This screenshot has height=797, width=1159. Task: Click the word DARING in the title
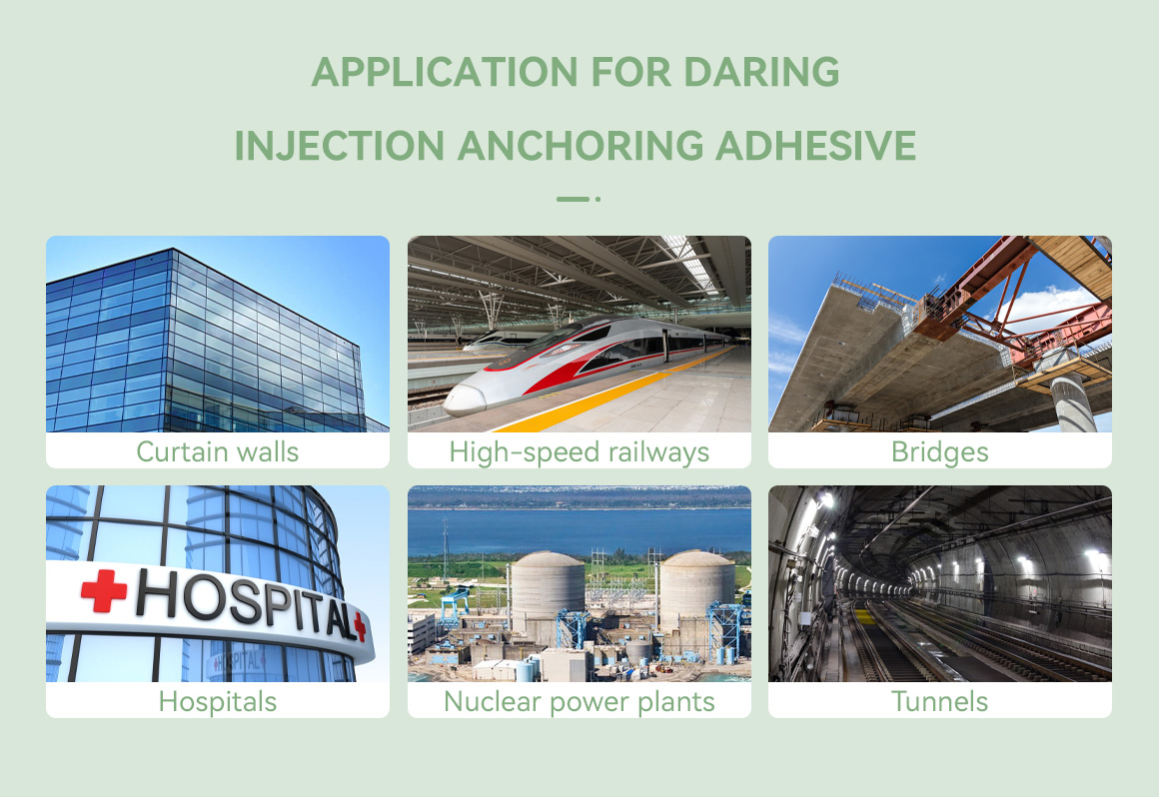[761, 72]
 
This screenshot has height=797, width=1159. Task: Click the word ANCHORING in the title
[580, 145]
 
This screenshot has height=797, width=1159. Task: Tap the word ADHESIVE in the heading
[816, 145]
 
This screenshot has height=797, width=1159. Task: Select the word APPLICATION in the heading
[445, 72]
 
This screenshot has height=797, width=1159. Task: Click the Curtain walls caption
[218, 451]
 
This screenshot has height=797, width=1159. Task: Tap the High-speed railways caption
[579, 452]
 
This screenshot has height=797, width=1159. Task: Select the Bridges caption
[939, 452]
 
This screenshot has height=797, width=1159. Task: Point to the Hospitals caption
[218, 702]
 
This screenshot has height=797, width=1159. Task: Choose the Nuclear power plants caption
[579, 702]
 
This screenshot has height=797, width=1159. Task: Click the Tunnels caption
[939, 701]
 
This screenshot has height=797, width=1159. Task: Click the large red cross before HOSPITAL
[104, 590]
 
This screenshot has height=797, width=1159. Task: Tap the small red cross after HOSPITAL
[360, 626]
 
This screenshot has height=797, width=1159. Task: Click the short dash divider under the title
[573, 199]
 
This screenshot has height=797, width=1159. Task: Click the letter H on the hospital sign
[158, 591]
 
